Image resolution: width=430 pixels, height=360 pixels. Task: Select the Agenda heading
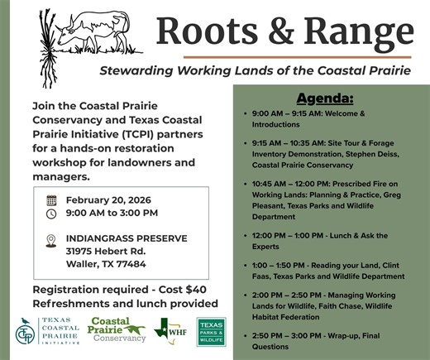tap(325, 98)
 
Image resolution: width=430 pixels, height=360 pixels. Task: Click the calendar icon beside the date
tap(51, 200)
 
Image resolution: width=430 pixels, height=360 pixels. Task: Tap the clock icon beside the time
tap(51, 214)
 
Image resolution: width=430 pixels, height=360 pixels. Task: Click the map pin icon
tap(51, 240)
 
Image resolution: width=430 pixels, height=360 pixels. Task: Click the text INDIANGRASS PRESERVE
tap(127, 238)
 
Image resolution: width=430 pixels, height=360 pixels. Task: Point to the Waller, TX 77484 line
tap(106, 264)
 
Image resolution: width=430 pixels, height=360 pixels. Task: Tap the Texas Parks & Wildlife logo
tap(211, 332)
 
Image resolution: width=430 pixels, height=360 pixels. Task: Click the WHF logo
tap(171, 332)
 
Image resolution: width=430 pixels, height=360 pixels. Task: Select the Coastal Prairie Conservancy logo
tap(117, 330)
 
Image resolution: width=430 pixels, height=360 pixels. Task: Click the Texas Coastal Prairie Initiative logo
tap(50, 333)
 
